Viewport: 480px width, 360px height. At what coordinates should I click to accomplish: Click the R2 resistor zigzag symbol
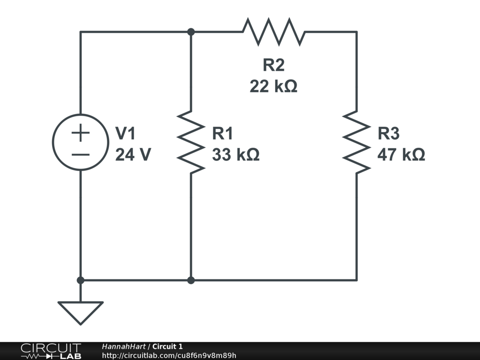tap(274, 32)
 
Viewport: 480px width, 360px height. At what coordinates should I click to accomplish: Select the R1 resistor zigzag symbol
tap(191, 142)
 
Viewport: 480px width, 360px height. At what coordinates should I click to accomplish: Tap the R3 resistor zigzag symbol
tap(357, 142)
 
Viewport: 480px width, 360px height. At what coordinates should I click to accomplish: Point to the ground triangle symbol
tap(81, 312)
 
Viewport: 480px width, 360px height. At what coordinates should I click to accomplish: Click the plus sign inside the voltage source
tap(81, 133)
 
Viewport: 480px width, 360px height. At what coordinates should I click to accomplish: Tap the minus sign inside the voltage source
tap(81, 155)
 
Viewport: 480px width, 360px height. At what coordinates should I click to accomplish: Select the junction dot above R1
tap(191, 32)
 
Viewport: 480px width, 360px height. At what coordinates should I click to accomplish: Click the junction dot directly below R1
tap(191, 280)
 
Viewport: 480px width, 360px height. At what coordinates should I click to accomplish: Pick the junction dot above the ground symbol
tap(81, 280)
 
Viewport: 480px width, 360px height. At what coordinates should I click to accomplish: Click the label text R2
tap(274, 65)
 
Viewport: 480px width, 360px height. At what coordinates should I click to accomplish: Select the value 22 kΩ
tap(273, 86)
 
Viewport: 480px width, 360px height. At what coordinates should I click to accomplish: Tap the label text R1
tap(223, 134)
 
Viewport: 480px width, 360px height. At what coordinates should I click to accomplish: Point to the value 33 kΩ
tap(236, 154)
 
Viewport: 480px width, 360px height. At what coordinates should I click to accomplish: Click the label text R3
tap(389, 134)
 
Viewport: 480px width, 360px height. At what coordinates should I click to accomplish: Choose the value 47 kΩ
tap(401, 154)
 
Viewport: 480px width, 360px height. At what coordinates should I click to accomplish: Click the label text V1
tap(125, 134)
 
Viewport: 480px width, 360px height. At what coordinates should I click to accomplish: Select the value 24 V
tap(133, 154)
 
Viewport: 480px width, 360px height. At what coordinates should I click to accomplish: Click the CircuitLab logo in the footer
tap(51, 351)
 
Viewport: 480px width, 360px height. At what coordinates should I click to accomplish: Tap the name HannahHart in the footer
tap(124, 346)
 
